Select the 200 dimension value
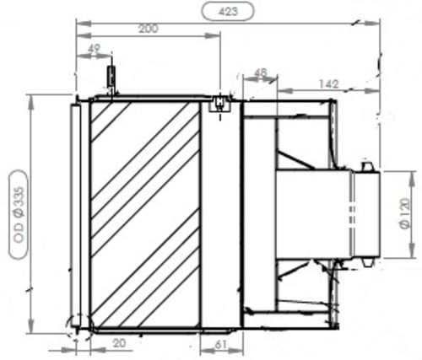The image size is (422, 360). pyautogui.click(x=148, y=29)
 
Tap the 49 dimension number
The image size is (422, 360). pyautogui.click(x=94, y=49)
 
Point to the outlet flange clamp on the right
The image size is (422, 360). pyautogui.click(x=369, y=211)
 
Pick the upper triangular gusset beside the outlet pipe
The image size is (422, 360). pyautogui.click(x=295, y=159)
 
